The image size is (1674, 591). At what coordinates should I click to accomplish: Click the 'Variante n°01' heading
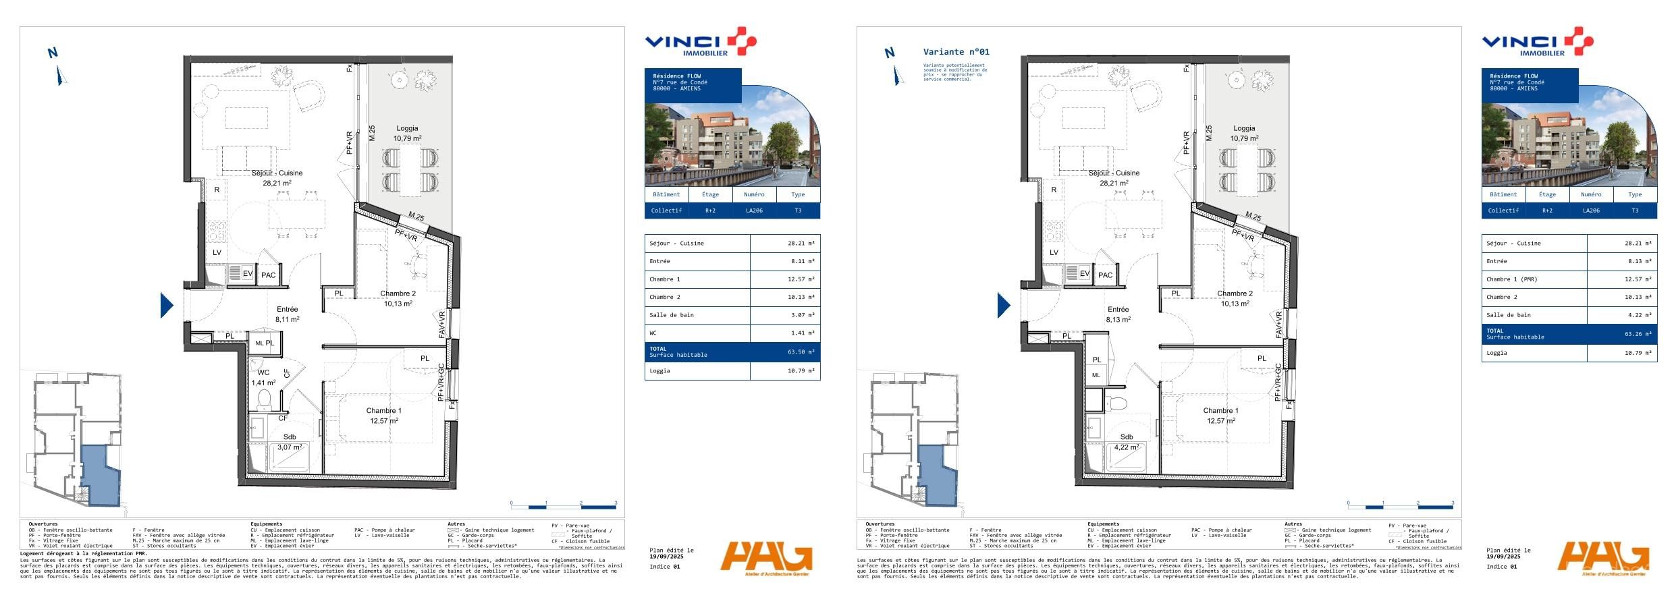point(956,52)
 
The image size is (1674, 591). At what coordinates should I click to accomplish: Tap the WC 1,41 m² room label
point(263,378)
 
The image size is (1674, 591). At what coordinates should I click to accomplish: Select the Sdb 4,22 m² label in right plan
point(1127,442)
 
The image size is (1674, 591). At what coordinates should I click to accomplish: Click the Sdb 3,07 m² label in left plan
point(290,442)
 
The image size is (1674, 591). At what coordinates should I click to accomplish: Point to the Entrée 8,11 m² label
point(287,314)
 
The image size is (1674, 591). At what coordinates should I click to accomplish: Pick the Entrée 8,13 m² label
point(1118,314)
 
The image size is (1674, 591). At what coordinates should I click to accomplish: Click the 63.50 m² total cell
point(801,351)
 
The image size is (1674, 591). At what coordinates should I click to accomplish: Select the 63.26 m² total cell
point(1638,334)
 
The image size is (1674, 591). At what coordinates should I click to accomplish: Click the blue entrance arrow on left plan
point(167,305)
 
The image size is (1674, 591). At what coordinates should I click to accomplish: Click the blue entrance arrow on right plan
point(1004,305)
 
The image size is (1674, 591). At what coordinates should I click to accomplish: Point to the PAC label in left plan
point(269,275)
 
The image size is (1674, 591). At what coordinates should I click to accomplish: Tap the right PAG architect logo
point(1604,558)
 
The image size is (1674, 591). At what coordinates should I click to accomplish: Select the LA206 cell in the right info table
point(1591,210)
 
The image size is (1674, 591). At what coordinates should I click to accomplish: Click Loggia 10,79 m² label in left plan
point(407,133)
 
